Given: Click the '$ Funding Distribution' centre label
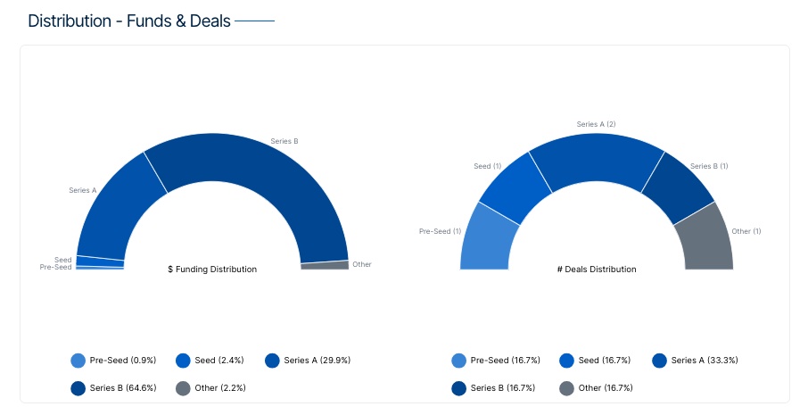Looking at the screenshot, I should (x=212, y=269).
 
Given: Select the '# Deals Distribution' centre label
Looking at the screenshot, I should (x=597, y=269).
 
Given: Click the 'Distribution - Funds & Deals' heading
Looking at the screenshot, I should (x=129, y=21).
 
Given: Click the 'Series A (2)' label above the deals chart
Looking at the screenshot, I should (x=596, y=124).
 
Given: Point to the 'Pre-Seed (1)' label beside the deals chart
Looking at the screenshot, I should (x=440, y=231).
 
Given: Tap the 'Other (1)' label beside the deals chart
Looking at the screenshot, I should (x=746, y=231).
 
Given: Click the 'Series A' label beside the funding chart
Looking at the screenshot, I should (x=82, y=190).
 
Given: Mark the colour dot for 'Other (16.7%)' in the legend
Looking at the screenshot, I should (x=566, y=388).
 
